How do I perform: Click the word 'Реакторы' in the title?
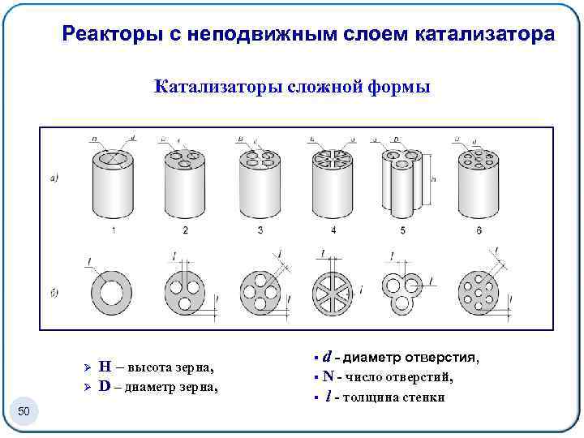104,35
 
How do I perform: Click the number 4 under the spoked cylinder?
333,231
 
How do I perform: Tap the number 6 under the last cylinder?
479,231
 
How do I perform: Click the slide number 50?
24,412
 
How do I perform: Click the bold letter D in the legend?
105,385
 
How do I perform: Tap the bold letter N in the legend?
328,376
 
